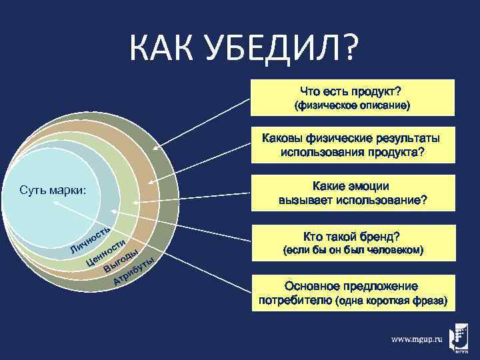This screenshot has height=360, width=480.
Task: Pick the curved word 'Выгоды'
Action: tap(121, 261)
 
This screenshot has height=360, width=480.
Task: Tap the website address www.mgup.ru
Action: tap(417, 339)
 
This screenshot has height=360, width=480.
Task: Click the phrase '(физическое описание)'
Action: tap(353, 106)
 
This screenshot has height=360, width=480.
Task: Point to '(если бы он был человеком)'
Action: tap(353, 251)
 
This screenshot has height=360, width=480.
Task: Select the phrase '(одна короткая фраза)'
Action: tap(393, 301)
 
